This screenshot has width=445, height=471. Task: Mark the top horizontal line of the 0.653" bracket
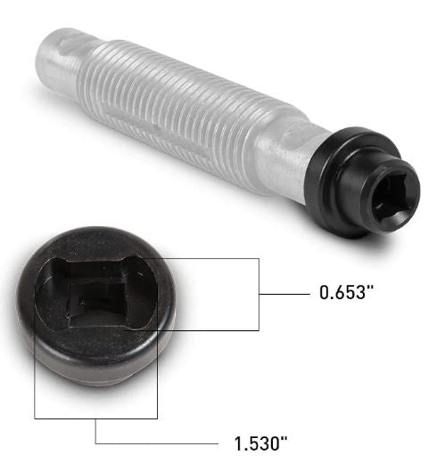point(214,259)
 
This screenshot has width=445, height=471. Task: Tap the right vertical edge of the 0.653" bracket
point(259,295)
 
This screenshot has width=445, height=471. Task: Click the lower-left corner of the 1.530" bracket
point(35,418)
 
